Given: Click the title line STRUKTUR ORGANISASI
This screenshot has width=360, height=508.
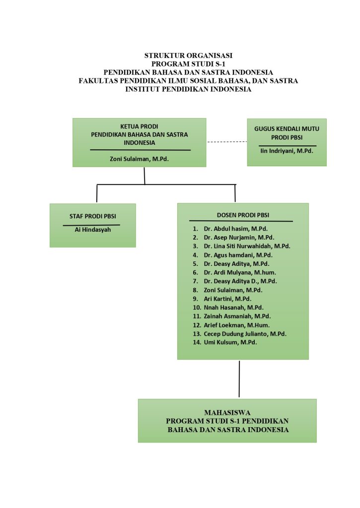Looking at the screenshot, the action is (x=188, y=56).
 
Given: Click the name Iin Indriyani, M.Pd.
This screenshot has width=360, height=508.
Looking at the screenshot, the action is (x=287, y=151).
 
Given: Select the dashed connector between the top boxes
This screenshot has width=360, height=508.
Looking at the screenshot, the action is (x=227, y=142).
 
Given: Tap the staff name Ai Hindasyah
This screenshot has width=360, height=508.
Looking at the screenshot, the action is (x=93, y=230).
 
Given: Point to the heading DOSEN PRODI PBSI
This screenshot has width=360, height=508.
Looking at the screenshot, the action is (x=243, y=215).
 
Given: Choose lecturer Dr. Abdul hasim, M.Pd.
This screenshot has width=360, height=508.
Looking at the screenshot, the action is (x=235, y=229).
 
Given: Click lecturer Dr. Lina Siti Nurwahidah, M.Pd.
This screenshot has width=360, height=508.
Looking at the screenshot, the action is (x=247, y=246).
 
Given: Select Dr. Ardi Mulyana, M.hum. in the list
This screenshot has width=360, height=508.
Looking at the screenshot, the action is (x=240, y=272).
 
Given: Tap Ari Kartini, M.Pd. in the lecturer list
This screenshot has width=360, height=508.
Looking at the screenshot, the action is (x=227, y=299).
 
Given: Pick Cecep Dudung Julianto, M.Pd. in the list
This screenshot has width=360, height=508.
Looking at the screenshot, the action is (x=245, y=334).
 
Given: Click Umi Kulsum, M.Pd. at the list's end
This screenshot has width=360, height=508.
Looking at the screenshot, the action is (x=230, y=342).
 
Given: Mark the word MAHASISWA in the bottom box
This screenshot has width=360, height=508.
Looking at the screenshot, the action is (x=227, y=413).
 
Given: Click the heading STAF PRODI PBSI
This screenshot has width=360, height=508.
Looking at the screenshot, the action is (x=93, y=216).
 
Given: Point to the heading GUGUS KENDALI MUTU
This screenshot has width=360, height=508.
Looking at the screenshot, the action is (x=287, y=128).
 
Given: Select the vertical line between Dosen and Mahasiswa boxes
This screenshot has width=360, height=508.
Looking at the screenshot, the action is (x=239, y=379).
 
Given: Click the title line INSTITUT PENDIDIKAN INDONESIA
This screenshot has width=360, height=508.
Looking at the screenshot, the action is (x=188, y=89).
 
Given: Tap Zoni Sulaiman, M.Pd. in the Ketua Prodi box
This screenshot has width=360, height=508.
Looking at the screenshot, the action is (x=139, y=159).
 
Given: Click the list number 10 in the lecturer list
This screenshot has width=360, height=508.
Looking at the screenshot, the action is (x=197, y=308).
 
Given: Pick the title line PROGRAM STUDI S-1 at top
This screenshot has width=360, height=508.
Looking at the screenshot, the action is (x=188, y=64).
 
